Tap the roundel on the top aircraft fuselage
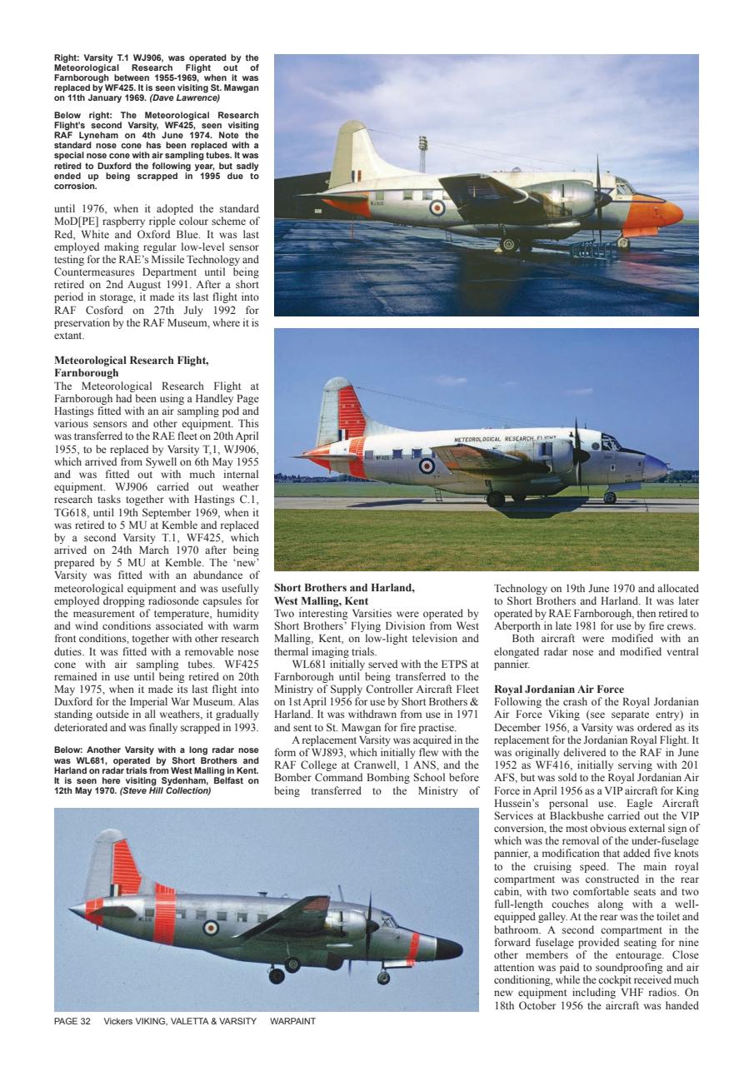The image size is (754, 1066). [x=437, y=208]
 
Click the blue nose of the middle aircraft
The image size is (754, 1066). [x=655, y=466]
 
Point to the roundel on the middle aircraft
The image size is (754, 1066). [x=427, y=465]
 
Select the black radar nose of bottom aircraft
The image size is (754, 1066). [x=449, y=948]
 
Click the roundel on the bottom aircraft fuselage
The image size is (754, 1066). [x=211, y=926]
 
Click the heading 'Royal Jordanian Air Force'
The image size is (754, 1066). [x=558, y=690]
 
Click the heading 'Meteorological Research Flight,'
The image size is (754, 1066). [x=131, y=361]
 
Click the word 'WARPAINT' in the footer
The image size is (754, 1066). [x=293, y=1021]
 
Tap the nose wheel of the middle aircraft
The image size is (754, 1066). [x=610, y=497]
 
